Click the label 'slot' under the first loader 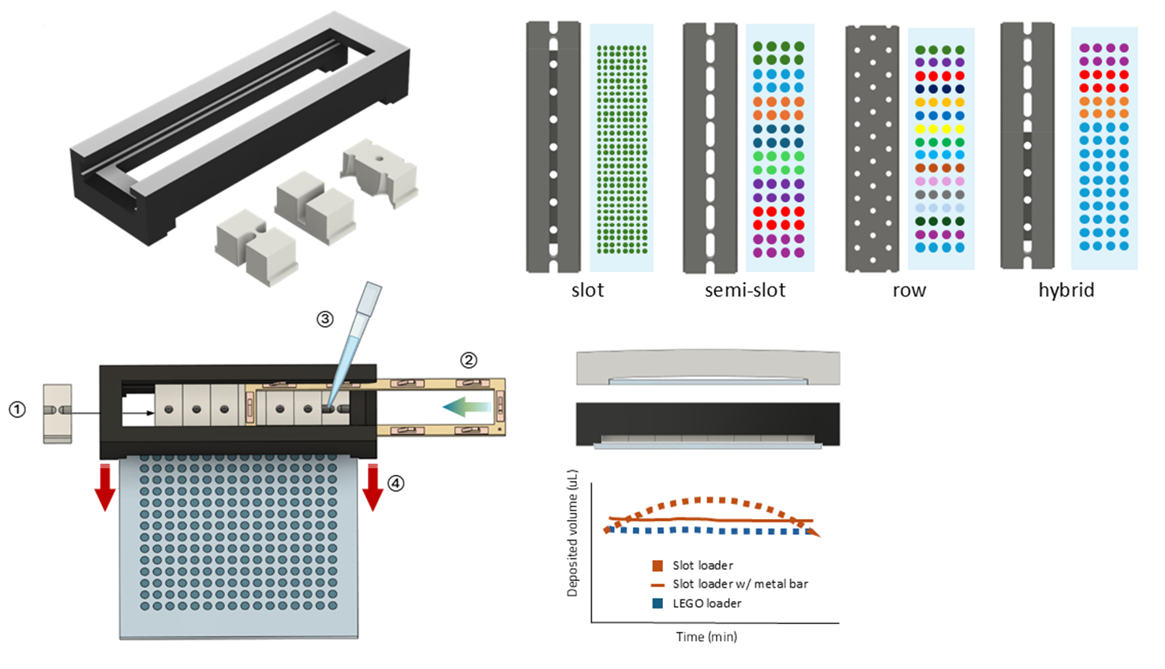[587, 290]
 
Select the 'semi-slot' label [745, 290]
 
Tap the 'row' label [909, 290]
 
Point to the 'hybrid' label [1066, 290]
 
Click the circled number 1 [17, 409]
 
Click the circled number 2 [469, 361]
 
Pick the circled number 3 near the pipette [325, 319]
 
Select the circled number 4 [396, 483]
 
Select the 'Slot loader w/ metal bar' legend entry [740, 585]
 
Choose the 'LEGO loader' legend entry [706, 604]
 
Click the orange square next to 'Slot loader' [657, 566]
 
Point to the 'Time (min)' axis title [706, 637]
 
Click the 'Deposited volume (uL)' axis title [573, 533]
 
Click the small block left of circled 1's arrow [57, 413]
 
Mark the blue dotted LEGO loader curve [710, 531]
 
